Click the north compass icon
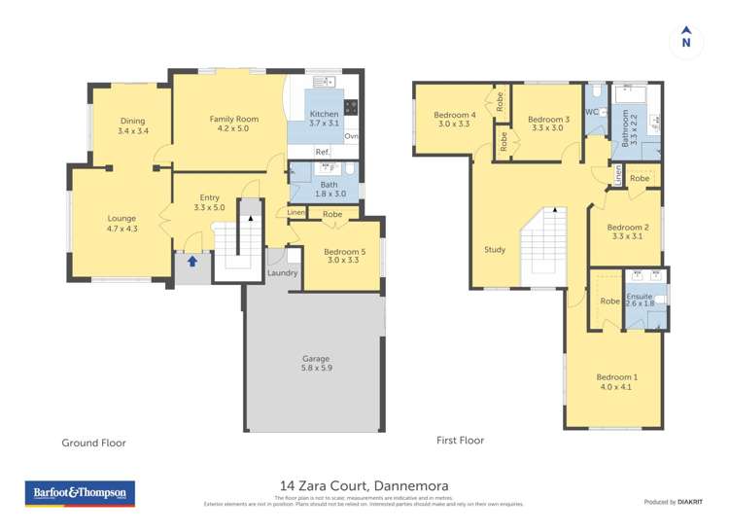(686, 38)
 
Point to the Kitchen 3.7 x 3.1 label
(324, 119)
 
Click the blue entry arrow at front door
(192, 261)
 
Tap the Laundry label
(282, 273)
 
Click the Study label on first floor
(495, 250)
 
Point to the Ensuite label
(640, 300)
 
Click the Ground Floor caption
(94, 443)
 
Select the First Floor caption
(460, 441)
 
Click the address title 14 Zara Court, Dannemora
(364, 484)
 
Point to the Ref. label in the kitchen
(322, 152)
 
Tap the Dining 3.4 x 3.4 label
(133, 125)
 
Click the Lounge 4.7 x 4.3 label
(121, 224)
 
